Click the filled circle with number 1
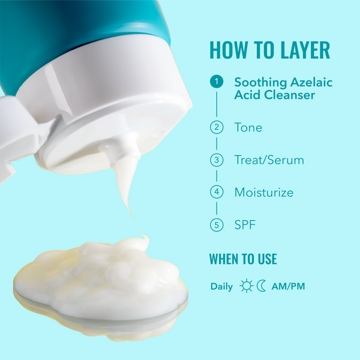point(217,82)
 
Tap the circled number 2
point(217,127)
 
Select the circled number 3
point(217,160)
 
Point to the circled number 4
point(217,193)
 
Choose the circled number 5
point(217,226)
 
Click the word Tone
point(248,127)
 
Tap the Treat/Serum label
point(269,160)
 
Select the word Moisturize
point(263,193)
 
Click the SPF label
point(245,226)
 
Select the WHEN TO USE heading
point(243,259)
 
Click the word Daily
point(221,286)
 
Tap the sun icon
point(247,286)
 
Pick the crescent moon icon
point(261,286)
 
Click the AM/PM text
point(288,286)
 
